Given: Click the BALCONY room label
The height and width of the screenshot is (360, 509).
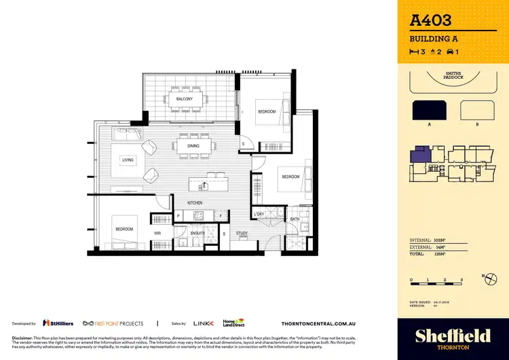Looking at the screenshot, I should pyautogui.click(x=184, y=99).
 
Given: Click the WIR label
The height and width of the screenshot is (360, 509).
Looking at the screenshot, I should pyautogui.click(x=157, y=232).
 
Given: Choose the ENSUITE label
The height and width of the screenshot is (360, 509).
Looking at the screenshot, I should pyautogui.click(x=198, y=232).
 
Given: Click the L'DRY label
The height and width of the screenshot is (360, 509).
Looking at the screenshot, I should pyautogui.click(x=259, y=215).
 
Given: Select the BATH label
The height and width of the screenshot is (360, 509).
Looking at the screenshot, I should pyautogui.click(x=295, y=219).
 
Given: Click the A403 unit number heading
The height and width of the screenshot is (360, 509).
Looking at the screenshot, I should pyautogui.click(x=431, y=21).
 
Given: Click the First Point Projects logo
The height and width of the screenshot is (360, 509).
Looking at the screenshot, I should pyautogui.click(x=113, y=324).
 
